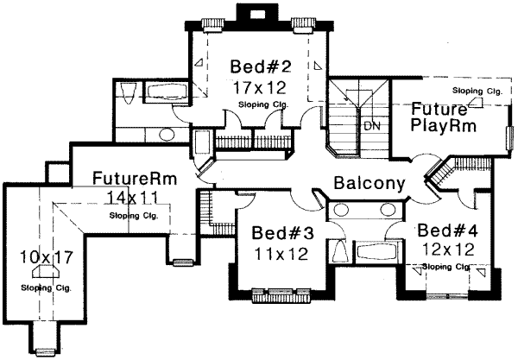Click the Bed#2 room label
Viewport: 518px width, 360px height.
(x=258, y=66)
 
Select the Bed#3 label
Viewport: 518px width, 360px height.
(x=279, y=233)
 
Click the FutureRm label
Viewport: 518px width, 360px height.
(x=136, y=180)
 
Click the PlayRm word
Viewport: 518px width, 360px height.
(x=441, y=128)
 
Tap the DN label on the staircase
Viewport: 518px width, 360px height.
(x=371, y=126)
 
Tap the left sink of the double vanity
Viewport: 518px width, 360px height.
(x=344, y=210)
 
